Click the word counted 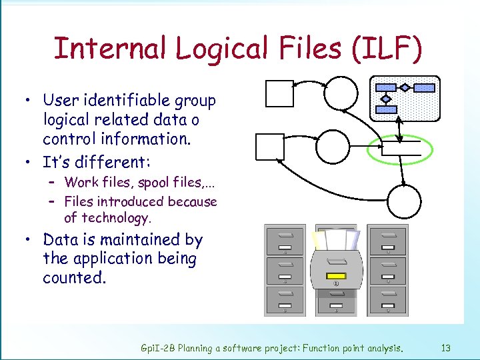click(74, 277)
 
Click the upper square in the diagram click(279, 93)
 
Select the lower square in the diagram click(270, 147)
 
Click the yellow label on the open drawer click(335, 276)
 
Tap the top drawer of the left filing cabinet click(285, 241)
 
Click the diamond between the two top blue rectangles click(405, 87)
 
